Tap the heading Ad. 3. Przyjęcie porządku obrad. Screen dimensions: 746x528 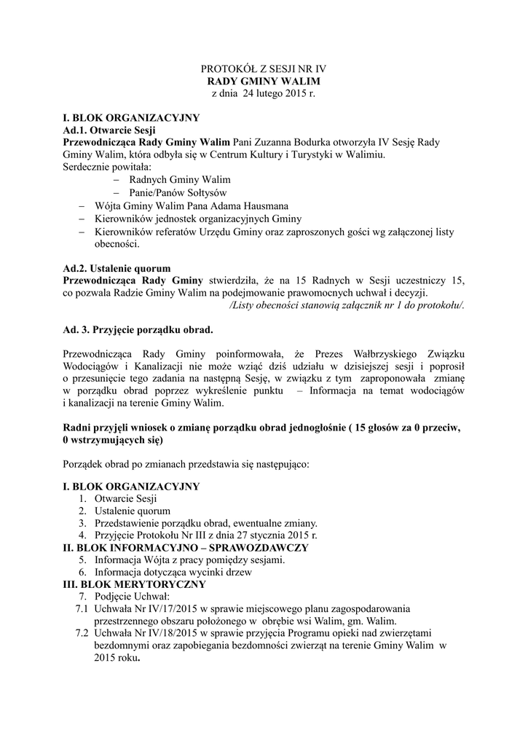pos(138,330)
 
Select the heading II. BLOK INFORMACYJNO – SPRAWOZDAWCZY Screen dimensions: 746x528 pos(186,547)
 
